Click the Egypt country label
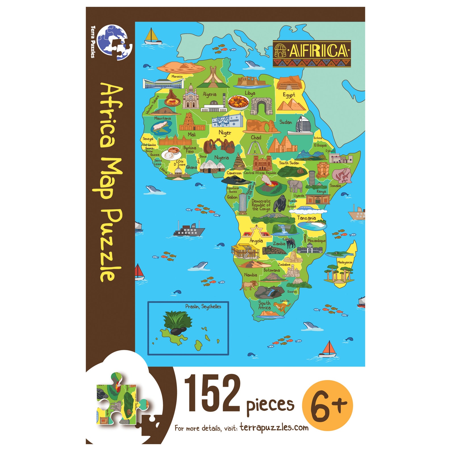pos(289,95)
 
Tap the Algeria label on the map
pos(209,94)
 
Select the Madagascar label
pos(345,262)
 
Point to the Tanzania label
pos(306,218)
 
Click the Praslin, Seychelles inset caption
pos(203,306)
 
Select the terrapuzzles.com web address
pos(274,427)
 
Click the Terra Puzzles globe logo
pos(114,41)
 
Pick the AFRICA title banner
pos(312,54)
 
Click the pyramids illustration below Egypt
pos(291,105)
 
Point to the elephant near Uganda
pos(295,186)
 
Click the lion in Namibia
pos(249,285)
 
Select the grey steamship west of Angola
pos(189,229)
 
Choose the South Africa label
pos(264,305)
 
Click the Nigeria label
pos(222,158)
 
